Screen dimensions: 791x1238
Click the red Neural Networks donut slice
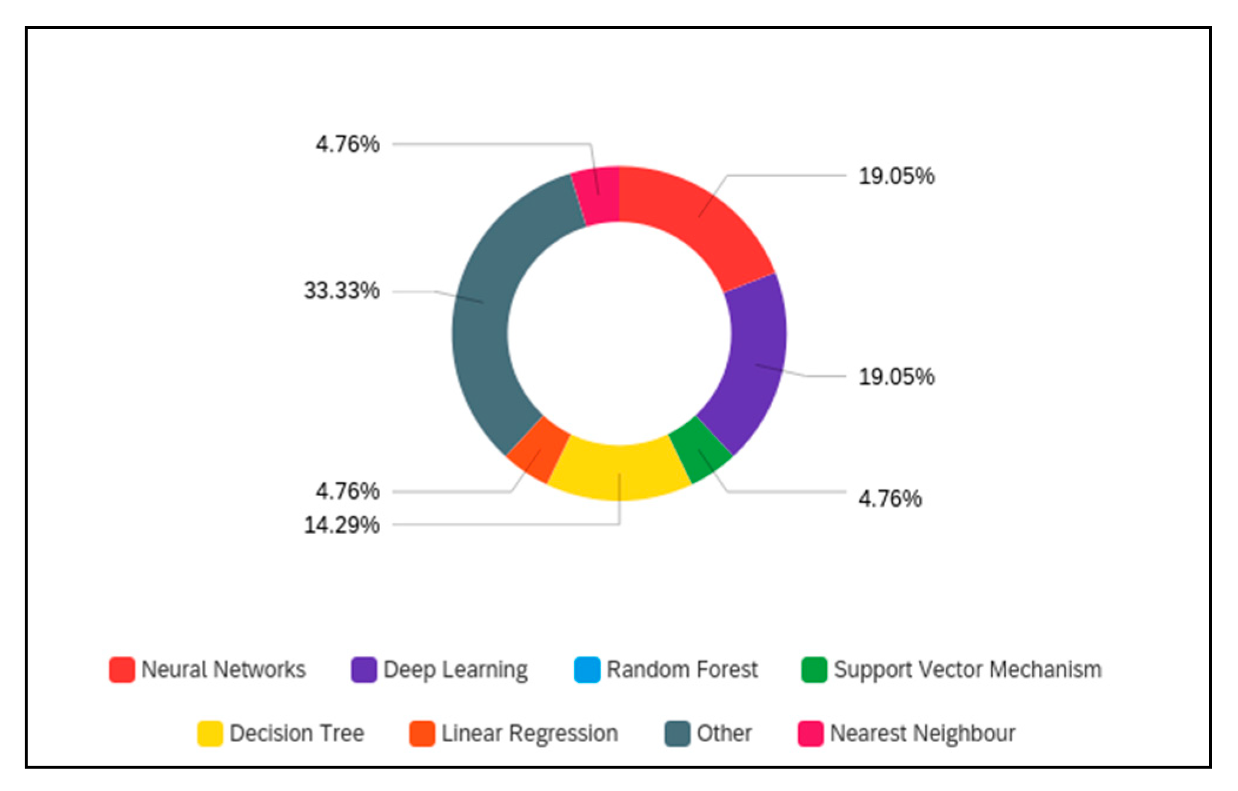pos(700,218)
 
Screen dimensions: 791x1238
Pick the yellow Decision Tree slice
pos(619,471)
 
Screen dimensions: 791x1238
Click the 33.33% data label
pos(342,291)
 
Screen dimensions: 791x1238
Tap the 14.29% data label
pos(342,525)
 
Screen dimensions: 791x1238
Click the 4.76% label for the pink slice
pos(348,144)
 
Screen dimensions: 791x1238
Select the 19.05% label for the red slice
pos(896,176)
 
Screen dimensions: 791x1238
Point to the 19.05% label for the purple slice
pos(896,377)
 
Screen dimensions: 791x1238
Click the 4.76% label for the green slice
pos(890,499)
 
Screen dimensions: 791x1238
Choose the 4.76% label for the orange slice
pos(348,491)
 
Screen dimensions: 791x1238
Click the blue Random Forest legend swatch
pos(587,670)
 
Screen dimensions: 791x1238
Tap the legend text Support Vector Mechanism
pos(967,670)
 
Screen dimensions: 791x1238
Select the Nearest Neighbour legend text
pos(922,733)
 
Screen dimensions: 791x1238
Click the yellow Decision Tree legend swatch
pos(210,733)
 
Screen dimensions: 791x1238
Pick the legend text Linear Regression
pos(530,733)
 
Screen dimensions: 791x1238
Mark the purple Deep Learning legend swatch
pos(364,670)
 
